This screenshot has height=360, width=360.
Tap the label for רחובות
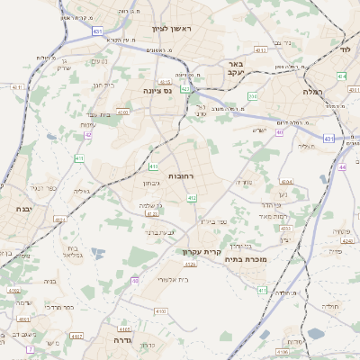click(181, 175)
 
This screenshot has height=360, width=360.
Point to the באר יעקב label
click(236, 69)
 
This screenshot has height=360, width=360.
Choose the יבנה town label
click(22, 208)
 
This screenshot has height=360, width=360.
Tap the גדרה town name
click(123, 341)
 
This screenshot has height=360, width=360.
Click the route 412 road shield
click(192, 197)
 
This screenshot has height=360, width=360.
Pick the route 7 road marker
click(30, 348)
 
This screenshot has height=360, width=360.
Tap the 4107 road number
click(76, 335)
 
